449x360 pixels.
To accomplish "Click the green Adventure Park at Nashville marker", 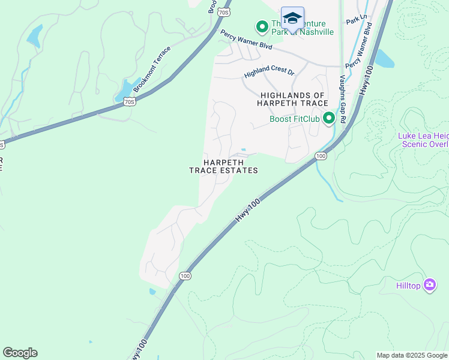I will point(262,27).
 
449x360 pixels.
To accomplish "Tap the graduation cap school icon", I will point(292,18).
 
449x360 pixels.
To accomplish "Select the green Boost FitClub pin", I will point(328,118).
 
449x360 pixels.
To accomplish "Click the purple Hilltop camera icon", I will point(429,284).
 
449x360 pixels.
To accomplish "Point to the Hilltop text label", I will point(409,287).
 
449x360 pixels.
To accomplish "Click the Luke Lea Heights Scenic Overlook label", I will point(423,140).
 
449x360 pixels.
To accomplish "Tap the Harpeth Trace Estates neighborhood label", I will point(223,166).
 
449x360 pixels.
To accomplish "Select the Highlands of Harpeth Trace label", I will point(292,100).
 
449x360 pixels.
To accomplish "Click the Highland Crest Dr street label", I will point(270,73).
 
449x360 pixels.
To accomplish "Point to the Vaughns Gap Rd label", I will point(343,99).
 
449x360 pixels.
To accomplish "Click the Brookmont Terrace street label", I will point(152,69).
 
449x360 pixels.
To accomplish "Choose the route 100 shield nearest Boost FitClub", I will point(321,156).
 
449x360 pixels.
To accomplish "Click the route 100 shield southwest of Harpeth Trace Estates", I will point(185,276).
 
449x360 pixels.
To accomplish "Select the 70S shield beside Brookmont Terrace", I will point(130,102).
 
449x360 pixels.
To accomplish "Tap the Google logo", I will point(20,353).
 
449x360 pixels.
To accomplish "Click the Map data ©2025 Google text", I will point(411,355).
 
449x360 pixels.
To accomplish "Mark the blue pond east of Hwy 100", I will point(384,58).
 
